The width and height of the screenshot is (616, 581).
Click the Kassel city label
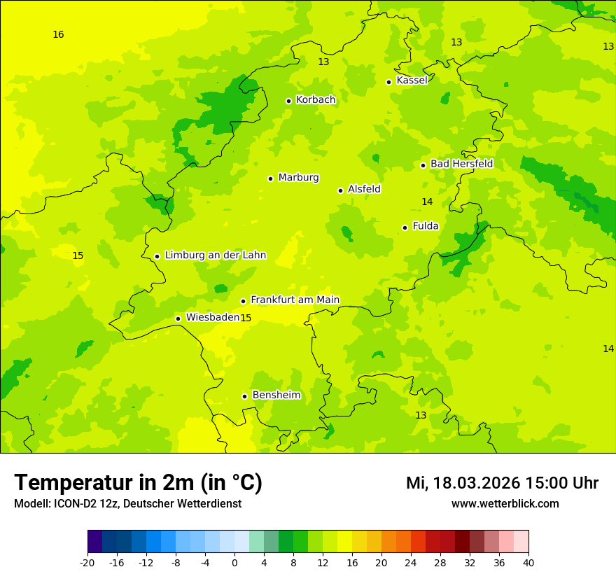(x=412, y=80)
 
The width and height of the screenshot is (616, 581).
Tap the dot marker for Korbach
(x=288, y=101)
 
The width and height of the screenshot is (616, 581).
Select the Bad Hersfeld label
(x=461, y=164)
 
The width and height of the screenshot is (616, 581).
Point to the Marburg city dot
(x=270, y=178)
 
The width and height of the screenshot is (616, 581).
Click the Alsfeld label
(x=364, y=189)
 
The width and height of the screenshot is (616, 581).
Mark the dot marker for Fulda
(x=405, y=227)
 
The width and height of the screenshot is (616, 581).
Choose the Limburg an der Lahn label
(x=215, y=255)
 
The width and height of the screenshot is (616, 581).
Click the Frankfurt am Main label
(x=295, y=300)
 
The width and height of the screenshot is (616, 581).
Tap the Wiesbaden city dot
(x=178, y=318)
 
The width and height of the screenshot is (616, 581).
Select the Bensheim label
(x=276, y=395)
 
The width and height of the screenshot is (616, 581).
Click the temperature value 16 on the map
(x=58, y=34)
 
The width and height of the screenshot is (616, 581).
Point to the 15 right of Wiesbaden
(x=246, y=318)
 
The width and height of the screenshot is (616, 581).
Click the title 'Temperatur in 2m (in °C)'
(x=138, y=483)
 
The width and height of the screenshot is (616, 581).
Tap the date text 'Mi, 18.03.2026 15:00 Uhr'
(x=502, y=483)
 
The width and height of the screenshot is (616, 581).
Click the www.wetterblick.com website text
(x=505, y=504)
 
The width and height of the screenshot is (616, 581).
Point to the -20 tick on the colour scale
(x=87, y=563)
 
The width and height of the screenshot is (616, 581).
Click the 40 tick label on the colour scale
(x=528, y=563)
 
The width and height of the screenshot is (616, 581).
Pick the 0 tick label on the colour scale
(x=234, y=563)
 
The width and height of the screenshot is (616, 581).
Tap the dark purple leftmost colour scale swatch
(x=94, y=542)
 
